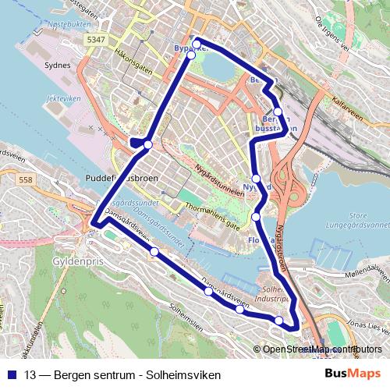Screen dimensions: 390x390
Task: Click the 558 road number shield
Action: pos(25,179)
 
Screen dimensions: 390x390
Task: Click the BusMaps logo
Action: pos(353,374)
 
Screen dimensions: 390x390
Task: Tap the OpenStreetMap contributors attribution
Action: pos(320,349)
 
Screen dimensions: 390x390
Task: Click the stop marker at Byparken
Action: pos(197,43)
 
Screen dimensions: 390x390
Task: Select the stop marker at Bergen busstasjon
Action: pos(278,112)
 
